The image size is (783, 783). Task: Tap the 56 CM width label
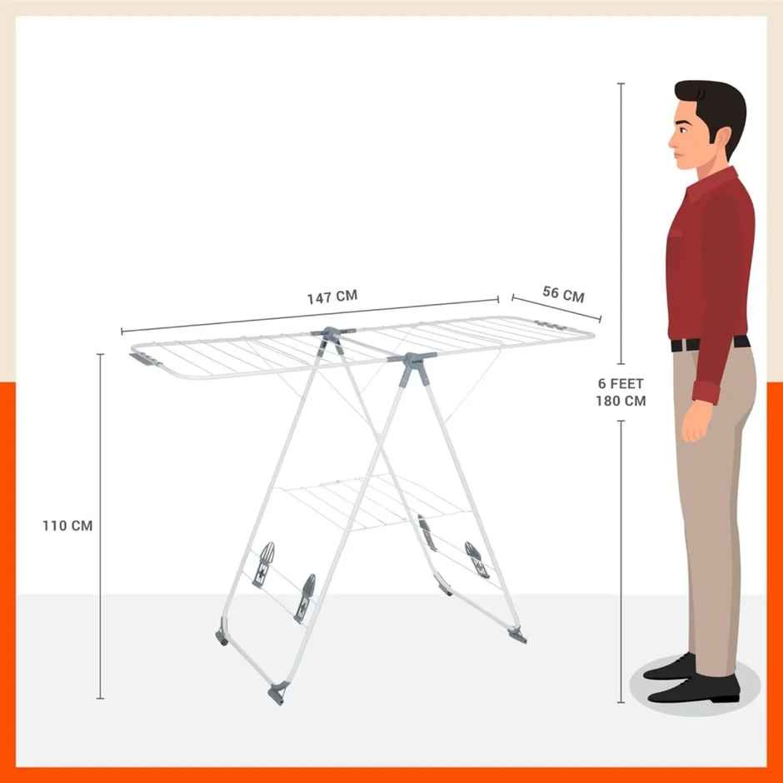563,293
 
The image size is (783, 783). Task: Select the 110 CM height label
68,526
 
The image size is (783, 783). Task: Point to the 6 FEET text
621,384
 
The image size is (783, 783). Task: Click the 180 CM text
621,401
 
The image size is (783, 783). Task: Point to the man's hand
695,424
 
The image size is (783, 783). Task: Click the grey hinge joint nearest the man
411,364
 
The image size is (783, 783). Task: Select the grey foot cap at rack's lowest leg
277,692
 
